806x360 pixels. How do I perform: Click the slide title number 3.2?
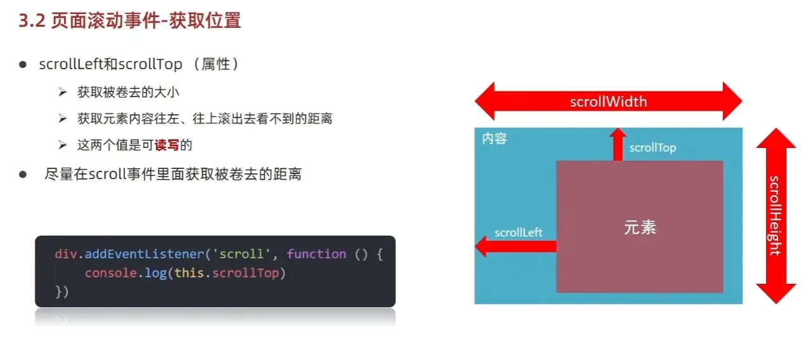tap(32, 20)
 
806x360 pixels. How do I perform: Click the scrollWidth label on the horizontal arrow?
tap(609, 102)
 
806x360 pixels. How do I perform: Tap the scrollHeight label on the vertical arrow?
tap(776, 216)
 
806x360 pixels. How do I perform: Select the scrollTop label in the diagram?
tap(652, 147)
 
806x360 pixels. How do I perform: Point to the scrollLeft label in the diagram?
tap(519, 232)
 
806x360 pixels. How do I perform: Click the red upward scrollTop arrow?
tap(618, 144)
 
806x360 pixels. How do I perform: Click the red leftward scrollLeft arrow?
tap(515, 246)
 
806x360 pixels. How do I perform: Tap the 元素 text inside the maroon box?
tap(640, 227)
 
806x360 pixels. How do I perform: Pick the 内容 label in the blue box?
tap(495, 138)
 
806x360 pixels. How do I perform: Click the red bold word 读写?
tap(167, 145)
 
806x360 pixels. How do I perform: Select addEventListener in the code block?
tap(144, 254)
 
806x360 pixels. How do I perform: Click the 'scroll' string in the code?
tap(241, 254)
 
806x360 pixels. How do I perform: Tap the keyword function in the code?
tap(316, 254)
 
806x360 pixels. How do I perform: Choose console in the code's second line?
tap(110, 273)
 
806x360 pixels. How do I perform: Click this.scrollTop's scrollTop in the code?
tap(246, 273)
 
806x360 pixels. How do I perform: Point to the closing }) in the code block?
tap(62, 291)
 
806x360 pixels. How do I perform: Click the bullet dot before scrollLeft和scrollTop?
tap(23, 65)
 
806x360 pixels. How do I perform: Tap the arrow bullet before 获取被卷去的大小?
tap(63, 92)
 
